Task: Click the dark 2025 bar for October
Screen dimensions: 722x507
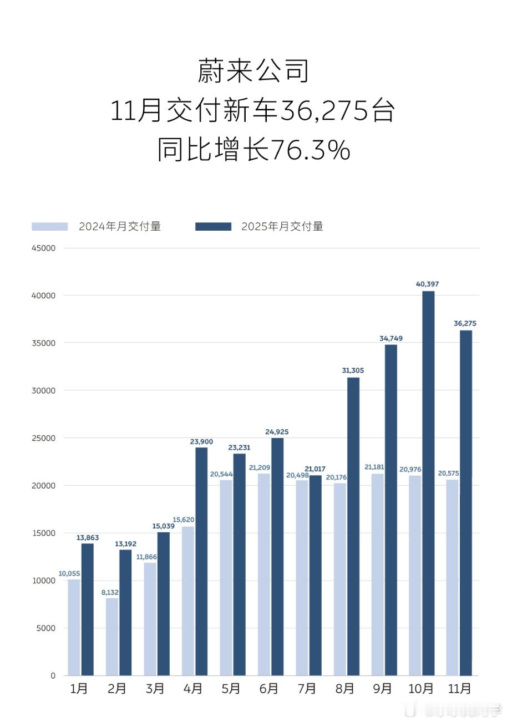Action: [428, 482]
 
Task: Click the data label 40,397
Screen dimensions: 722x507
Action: [427, 284]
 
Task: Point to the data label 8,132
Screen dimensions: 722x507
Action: [110, 592]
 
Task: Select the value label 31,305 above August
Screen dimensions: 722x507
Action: [352, 370]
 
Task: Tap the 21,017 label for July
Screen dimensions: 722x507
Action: [315, 469]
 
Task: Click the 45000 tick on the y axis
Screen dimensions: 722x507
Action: [44, 248]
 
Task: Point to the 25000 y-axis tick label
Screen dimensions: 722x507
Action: [44, 438]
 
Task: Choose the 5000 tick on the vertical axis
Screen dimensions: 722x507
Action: [46, 628]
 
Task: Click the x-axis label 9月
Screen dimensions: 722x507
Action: [382, 689]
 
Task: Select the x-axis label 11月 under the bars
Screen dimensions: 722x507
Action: [459, 689]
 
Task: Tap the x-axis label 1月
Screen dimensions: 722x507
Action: [79, 689]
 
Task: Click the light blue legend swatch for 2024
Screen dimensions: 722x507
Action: [49, 226]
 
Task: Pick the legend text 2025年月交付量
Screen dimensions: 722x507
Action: [282, 226]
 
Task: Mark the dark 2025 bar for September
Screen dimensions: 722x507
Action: [391, 510]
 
